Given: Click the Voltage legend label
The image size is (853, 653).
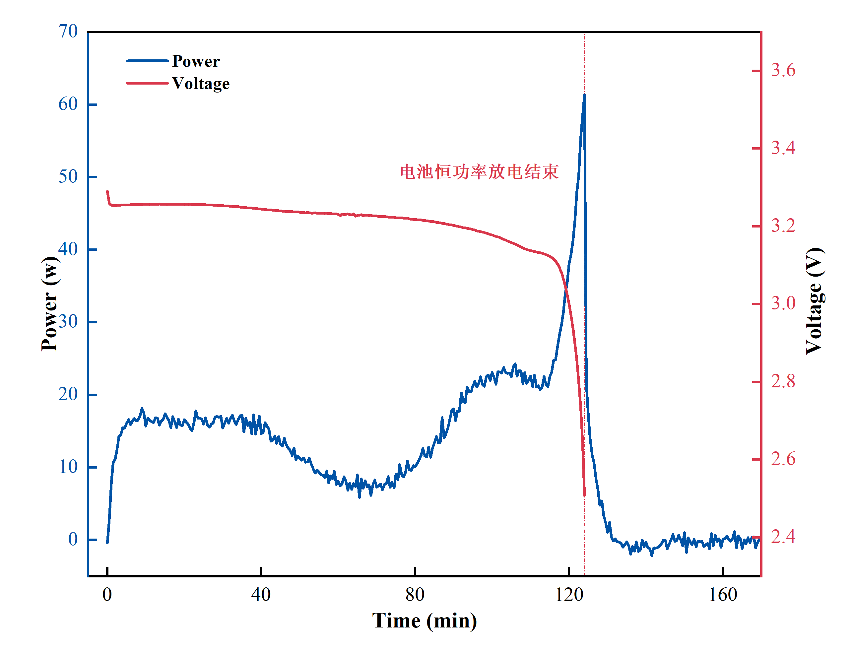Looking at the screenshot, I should (201, 84).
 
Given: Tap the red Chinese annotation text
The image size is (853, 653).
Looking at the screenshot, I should (479, 172).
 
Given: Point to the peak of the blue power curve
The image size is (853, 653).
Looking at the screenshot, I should (584, 95).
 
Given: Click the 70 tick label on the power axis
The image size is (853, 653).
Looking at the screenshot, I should (68, 31).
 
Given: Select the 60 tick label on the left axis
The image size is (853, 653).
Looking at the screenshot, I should (68, 104).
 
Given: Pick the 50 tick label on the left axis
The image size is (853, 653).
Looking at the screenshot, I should (68, 176).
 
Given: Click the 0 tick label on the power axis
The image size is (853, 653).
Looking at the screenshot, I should (73, 539).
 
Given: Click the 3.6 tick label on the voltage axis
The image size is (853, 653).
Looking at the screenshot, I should (783, 70).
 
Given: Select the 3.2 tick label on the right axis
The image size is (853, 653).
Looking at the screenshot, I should (783, 226).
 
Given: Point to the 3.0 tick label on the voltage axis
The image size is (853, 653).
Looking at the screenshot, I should (783, 303).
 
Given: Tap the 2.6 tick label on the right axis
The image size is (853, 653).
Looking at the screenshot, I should (783, 459).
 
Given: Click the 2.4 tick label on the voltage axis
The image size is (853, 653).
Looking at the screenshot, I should (783, 537).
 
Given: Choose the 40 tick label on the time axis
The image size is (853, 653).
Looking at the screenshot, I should (261, 595).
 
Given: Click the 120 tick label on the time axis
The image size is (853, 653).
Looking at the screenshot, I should (569, 595).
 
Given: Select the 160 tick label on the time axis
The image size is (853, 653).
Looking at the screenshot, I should (722, 595).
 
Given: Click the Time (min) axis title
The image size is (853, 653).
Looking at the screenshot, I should (425, 621).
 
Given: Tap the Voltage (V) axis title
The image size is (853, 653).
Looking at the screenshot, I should (815, 301).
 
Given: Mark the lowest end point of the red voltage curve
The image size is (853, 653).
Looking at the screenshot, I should (584, 495).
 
